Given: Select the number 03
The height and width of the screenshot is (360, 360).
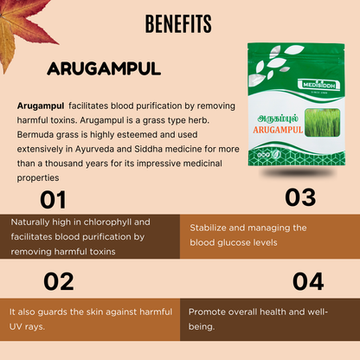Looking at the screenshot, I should [300, 197].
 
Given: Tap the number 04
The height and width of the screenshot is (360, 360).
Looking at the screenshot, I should [307, 280].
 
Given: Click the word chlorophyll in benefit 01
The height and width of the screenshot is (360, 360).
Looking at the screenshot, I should [93, 222].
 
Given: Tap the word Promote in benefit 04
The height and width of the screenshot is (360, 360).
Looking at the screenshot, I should [209, 312].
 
